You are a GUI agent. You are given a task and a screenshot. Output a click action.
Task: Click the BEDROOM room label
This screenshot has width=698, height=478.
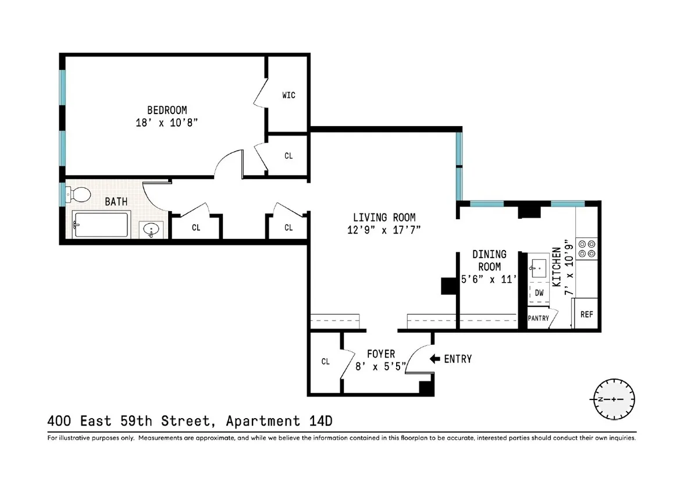pos(166,109)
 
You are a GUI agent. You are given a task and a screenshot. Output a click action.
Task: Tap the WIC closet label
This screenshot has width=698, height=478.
pos(289,95)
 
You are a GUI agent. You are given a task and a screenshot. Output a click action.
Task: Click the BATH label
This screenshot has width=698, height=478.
pos(116,202)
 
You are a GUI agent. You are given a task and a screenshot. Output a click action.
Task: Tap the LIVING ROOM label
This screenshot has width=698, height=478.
pos(380,217)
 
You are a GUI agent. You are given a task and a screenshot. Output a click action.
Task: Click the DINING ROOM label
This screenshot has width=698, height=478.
pos(489,260)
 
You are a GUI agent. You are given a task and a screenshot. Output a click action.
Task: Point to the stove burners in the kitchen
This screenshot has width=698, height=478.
pos(586,249)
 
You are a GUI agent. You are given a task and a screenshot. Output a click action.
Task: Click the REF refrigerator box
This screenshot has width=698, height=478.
pos(587,314)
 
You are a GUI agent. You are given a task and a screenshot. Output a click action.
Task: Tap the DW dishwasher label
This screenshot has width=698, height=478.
pos(539,293)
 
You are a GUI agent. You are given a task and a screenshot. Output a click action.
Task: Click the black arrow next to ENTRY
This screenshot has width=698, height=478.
pos(435,359)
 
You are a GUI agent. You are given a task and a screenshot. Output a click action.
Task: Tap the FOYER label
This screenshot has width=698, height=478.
pos(380,354)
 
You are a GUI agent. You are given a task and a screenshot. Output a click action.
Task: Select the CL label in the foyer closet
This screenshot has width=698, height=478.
pos(325,362)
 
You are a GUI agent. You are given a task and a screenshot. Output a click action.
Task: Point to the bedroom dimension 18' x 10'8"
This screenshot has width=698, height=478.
pos(166,123)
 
